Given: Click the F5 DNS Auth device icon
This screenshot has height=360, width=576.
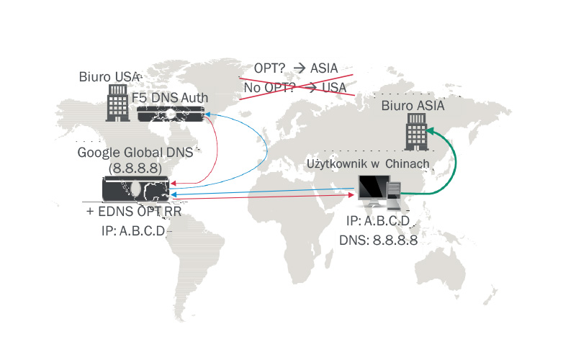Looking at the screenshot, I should (x=170, y=114).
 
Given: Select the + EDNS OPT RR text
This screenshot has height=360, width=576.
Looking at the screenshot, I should (x=133, y=214).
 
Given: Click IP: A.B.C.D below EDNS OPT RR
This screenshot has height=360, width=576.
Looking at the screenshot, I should (x=133, y=230).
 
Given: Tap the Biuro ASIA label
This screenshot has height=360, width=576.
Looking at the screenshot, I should (x=413, y=107).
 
